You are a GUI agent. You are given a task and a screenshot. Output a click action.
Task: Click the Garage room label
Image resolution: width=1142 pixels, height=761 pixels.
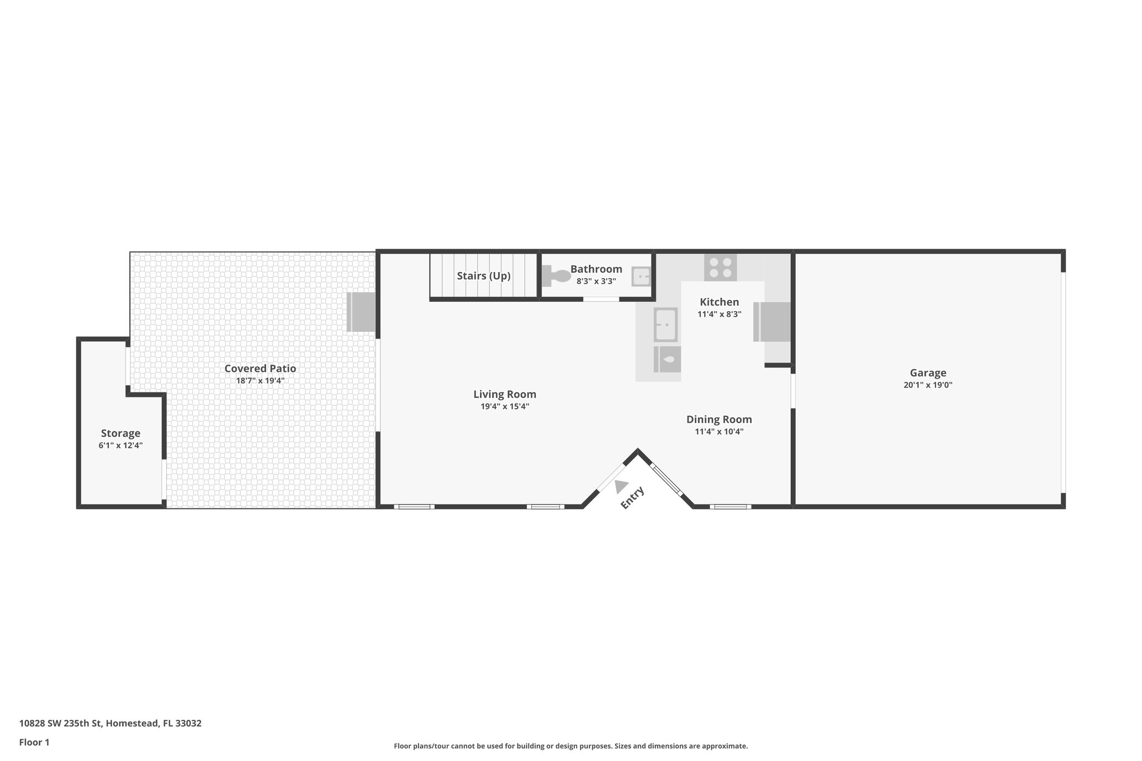tap(928, 373)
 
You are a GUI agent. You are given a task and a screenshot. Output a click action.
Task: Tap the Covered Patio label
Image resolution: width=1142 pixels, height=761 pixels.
tap(260, 369)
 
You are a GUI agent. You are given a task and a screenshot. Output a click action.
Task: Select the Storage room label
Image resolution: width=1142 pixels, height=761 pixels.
tap(120, 433)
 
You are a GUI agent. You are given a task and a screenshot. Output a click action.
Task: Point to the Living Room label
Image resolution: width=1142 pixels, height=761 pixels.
tap(505, 394)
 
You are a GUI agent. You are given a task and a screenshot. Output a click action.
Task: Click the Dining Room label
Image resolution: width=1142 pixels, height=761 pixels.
tap(719, 419)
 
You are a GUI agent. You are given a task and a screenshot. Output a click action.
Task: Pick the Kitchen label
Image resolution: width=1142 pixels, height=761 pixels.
tap(719, 302)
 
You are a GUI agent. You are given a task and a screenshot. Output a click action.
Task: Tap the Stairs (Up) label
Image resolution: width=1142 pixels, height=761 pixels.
tap(483, 276)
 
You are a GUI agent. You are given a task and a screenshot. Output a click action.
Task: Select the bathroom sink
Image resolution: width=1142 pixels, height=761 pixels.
tap(641, 277)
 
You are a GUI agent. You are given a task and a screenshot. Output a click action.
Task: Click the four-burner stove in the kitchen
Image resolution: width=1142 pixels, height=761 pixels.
tap(720, 267)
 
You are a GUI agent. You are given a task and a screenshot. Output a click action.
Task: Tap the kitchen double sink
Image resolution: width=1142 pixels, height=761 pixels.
tap(665, 324)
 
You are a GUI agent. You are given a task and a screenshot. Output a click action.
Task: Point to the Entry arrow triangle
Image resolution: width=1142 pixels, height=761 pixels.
tap(621, 487)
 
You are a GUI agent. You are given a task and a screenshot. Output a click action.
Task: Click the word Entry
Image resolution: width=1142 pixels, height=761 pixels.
tap(632, 497)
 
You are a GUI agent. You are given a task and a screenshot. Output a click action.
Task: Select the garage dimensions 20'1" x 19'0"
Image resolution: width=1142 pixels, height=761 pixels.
tap(928, 385)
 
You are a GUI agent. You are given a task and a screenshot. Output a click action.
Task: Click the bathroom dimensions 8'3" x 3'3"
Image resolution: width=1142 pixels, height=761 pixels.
tap(596, 282)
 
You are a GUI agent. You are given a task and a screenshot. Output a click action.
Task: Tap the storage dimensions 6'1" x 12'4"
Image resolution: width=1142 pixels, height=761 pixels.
tap(120, 445)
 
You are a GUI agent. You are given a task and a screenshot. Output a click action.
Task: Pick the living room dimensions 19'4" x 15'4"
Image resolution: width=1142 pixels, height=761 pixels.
tap(505, 406)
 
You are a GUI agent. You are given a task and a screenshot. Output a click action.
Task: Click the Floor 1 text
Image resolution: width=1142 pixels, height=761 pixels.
tap(35, 742)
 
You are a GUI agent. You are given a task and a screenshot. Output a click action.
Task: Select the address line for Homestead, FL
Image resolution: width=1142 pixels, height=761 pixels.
tap(110, 724)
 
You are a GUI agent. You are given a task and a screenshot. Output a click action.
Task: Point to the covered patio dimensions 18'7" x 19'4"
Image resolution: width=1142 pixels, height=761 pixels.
tap(260, 381)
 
